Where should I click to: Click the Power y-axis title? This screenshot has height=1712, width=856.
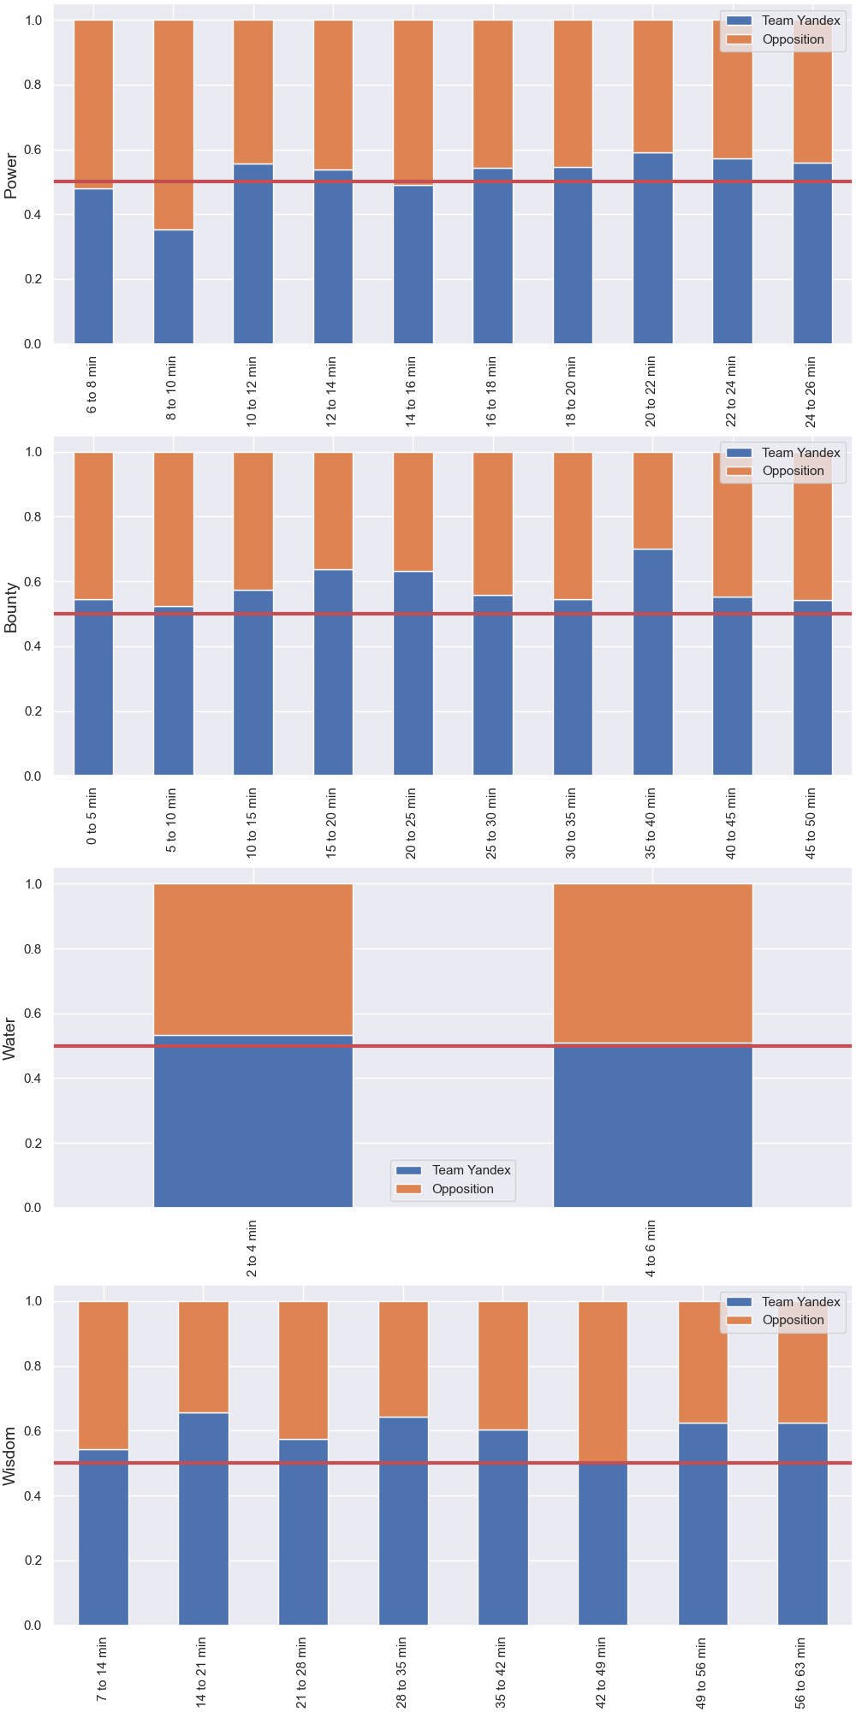click(x=10, y=175)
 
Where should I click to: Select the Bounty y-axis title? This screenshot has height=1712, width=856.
click(x=10, y=608)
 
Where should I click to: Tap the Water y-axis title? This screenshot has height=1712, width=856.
click(x=10, y=1039)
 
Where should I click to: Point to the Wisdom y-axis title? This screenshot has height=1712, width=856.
click(x=10, y=1456)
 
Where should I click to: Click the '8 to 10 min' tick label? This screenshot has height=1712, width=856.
click(x=171, y=388)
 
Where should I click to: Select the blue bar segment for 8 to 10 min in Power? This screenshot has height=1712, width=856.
click(x=174, y=287)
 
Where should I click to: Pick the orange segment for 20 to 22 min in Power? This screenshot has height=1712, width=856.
click(x=653, y=86)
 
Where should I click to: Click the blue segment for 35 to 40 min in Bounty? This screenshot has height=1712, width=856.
click(x=653, y=663)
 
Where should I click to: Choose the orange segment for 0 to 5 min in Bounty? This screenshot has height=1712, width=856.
click(x=93, y=526)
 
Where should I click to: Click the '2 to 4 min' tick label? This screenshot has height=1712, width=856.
click(x=252, y=1248)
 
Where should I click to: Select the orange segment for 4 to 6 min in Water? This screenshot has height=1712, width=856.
click(x=653, y=963)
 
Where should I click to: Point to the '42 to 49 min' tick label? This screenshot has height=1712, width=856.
click(x=601, y=1673)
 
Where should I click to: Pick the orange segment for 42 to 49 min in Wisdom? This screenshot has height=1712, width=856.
click(x=603, y=1382)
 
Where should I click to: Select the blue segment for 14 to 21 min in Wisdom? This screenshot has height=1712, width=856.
click(x=204, y=1519)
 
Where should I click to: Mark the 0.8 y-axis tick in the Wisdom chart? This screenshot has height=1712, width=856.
click(x=33, y=1366)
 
